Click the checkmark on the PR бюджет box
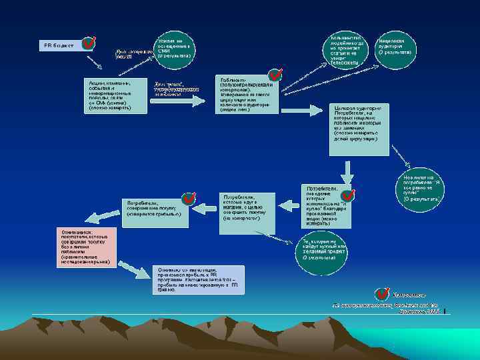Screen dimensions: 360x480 point(87,44)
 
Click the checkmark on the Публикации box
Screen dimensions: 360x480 point(273,77)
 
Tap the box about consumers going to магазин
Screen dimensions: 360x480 point(246,212)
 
